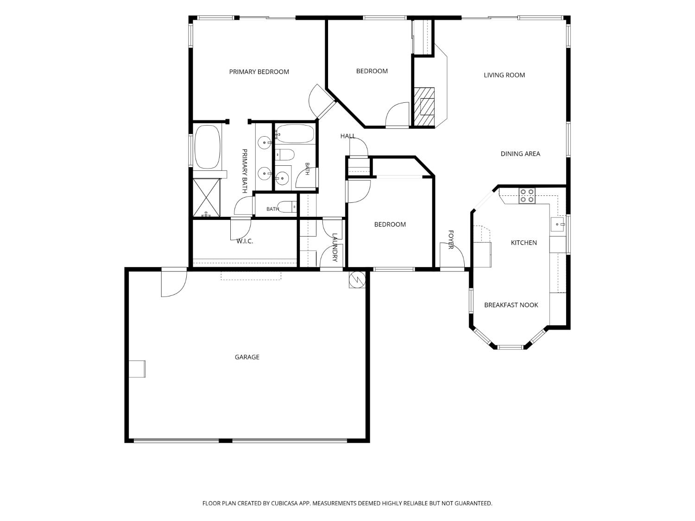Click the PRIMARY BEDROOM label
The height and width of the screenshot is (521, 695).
[x=259, y=72]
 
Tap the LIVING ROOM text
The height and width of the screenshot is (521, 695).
[x=504, y=75]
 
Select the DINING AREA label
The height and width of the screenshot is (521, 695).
[x=520, y=154]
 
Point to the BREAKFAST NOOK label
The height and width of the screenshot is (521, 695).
[x=511, y=305]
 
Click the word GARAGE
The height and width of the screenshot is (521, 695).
[x=247, y=357]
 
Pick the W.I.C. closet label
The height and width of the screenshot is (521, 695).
[x=245, y=241]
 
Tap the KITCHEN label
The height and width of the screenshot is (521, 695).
[x=524, y=243]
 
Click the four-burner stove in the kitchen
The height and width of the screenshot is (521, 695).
[x=527, y=195]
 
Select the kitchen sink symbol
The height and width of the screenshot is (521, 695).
[x=557, y=224]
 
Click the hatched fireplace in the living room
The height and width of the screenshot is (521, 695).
[x=424, y=107]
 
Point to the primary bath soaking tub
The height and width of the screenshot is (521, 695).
[x=208, y=147]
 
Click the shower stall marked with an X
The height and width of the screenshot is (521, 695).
[x=206, y=198]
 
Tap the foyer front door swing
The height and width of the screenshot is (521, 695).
[x=452, y=255]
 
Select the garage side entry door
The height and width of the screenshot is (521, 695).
[x=174, y=282]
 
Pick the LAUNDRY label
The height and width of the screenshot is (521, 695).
[x=335, y=247]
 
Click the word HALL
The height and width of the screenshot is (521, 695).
[x=347, y=136]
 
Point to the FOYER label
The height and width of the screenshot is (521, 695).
[x=451, y=239]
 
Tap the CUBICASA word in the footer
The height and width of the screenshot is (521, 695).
[x=284, y=503]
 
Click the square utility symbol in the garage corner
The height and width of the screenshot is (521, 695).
[x=357, y=280]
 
